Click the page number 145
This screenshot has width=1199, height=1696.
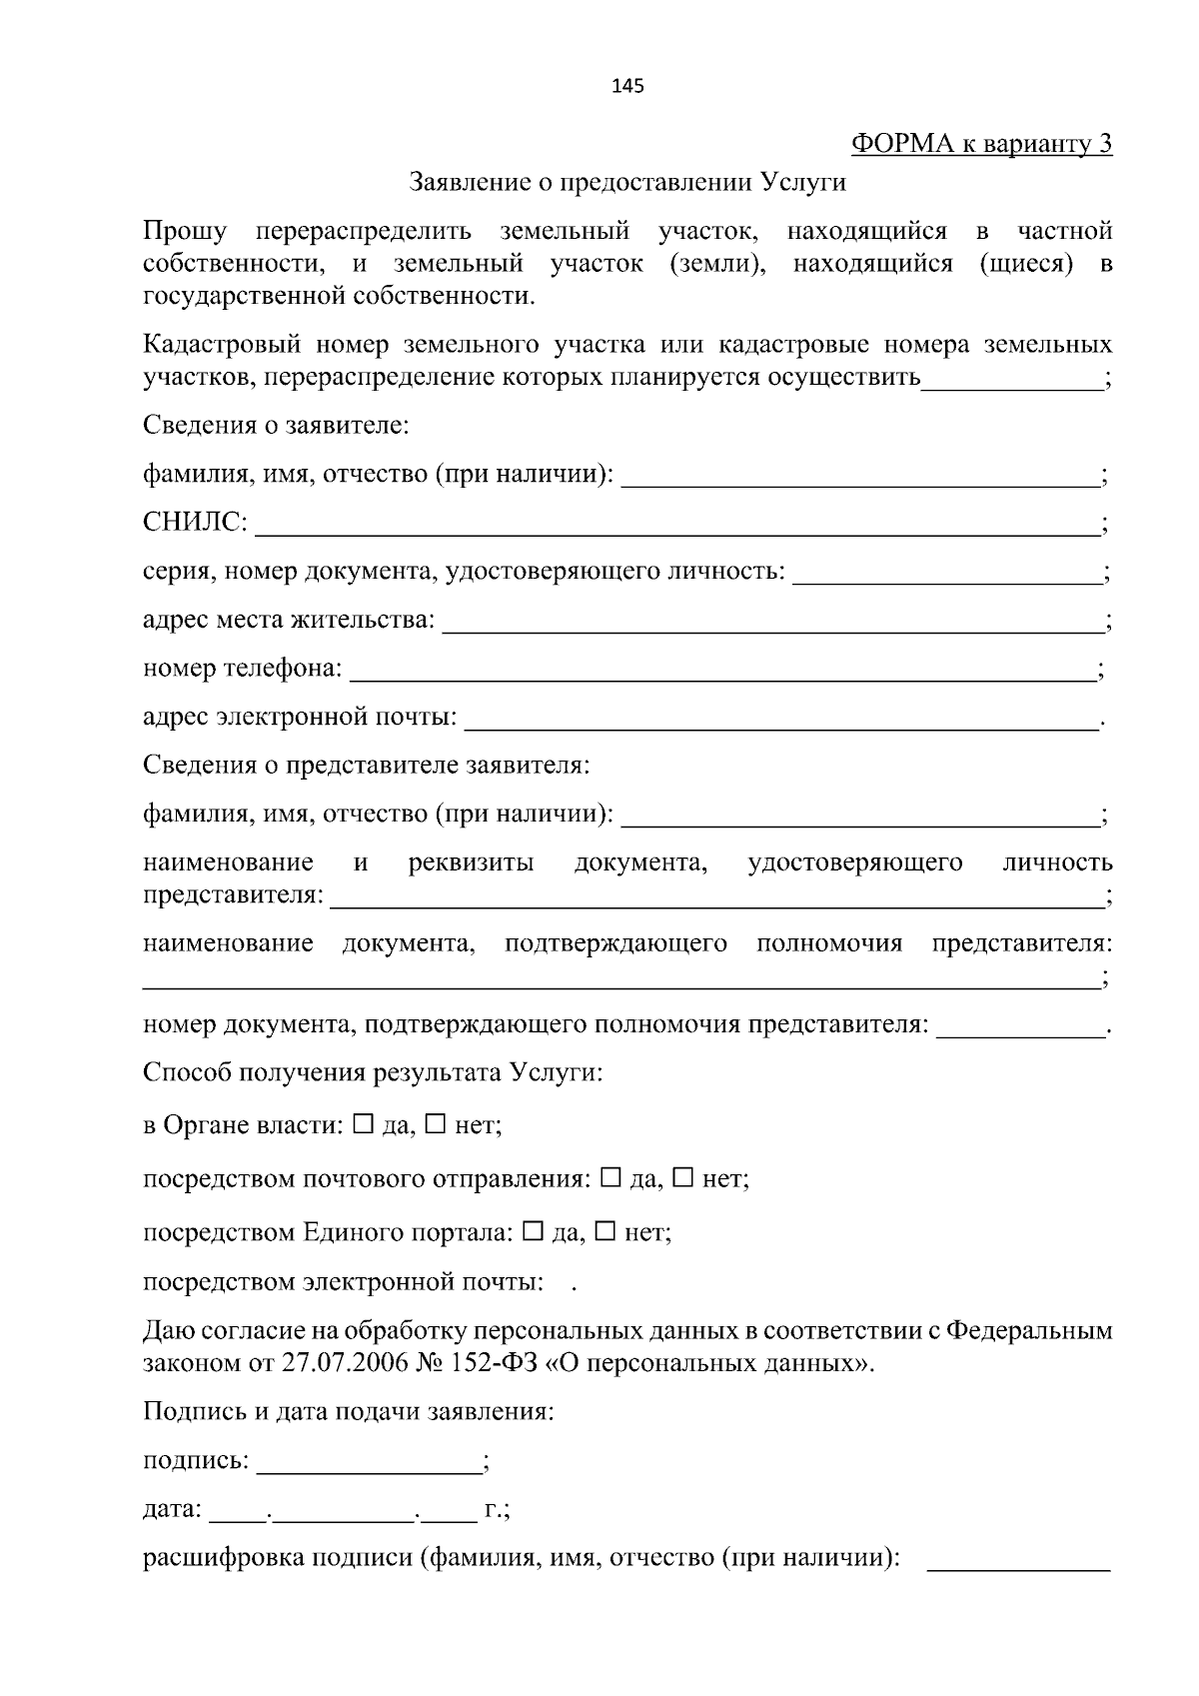tap(627, 86)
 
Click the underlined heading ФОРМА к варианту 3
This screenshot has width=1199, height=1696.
tap(981, 144)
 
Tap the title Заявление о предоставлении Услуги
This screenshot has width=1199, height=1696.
tap(627, 182)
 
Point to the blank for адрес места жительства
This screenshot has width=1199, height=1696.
tap(771, 627)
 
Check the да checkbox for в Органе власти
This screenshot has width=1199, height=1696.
tap(363, 1124)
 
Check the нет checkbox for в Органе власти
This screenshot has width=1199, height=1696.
tap(436, 1124)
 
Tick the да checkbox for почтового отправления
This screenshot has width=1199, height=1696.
tap(611, 1177)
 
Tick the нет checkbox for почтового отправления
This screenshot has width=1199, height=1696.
tap(683, 1177)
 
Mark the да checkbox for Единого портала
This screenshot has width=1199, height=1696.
tap(534, 1231)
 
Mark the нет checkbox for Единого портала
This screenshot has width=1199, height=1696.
tap(605, 1231)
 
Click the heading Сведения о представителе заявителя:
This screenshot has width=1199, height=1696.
tap(366, 766)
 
